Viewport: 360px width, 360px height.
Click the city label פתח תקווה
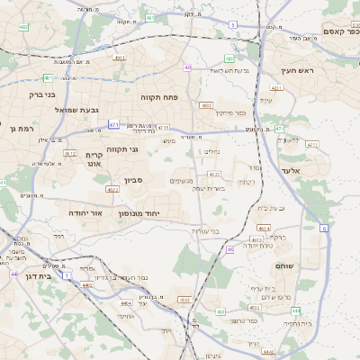pyautogui.click(x=161, y=95)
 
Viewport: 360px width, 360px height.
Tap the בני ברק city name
pyautogui.click(x=42, y=94)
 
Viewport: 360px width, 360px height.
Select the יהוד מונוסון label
pyautogui.click(x=139, y=213)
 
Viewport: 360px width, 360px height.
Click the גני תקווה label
pyautogui.click(x=121, y=148)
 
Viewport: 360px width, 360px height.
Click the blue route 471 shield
pyautogui.click(x=113, y=124)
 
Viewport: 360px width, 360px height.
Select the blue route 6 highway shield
pyautogui.click(x=323, y=228)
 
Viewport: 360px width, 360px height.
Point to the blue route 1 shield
pyautogui.click(x=79, y=274)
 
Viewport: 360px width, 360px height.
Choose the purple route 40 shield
pyautogui.click(x=187, y=67)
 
